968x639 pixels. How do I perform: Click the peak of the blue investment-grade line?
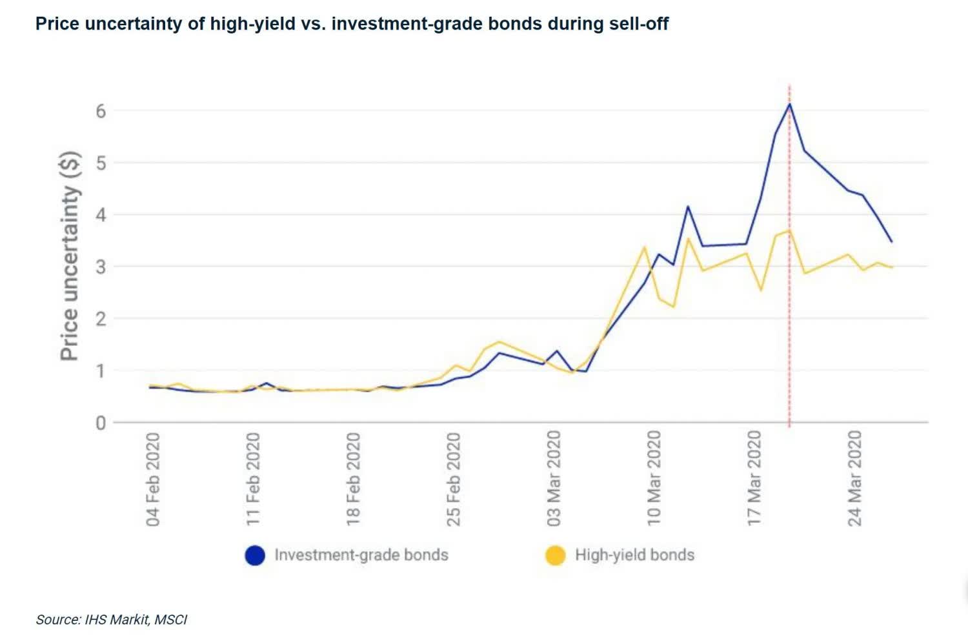click(x=789, y=104)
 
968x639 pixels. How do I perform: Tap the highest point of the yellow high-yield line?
click(x=789, y=230)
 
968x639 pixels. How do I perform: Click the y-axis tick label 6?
click(x=100, y=110)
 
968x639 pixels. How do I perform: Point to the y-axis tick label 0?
click(x=100, y=423)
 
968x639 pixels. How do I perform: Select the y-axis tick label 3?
click(x=100, y=267)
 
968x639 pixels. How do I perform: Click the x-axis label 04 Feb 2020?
click(x=153, y=479)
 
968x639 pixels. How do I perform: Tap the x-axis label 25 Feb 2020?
click(x=454, y=479)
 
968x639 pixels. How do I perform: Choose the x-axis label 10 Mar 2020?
click(x=654, y=479)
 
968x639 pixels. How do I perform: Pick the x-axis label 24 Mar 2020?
click(x=855, y=479)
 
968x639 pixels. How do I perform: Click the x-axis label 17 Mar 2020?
click(x=754, y=479)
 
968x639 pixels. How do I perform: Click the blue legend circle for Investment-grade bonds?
click(x=255, y=555)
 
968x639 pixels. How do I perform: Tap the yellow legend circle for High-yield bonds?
click(x=555, y=555)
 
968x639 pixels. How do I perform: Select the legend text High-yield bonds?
click(x=634, y=555)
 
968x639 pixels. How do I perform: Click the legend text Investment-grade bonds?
click(x=361, y=555)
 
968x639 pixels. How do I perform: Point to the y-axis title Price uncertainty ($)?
click(x=70, y=256)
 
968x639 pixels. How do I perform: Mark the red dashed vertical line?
click(x=789, y=323)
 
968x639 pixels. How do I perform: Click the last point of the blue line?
click(x=891, y=241)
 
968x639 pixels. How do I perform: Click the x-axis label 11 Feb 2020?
click(x=253, y=479)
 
